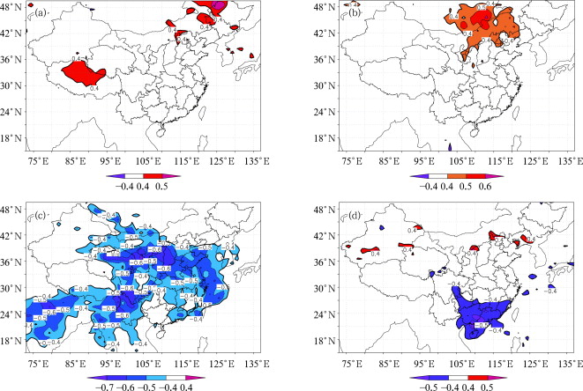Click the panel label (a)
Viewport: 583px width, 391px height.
tap(38, 14)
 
